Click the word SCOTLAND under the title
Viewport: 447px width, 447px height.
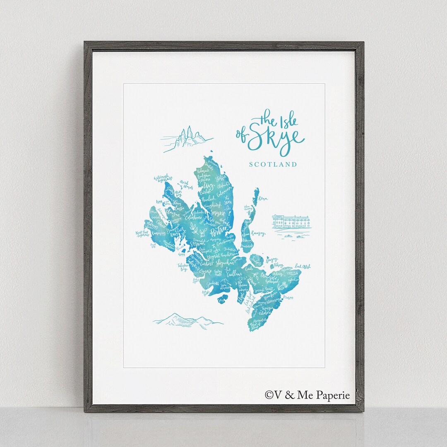273,164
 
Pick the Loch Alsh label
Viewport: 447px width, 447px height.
303,267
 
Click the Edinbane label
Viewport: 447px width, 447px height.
195,216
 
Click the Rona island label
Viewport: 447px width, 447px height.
263,199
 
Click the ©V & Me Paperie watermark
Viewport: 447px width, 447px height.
307,395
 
